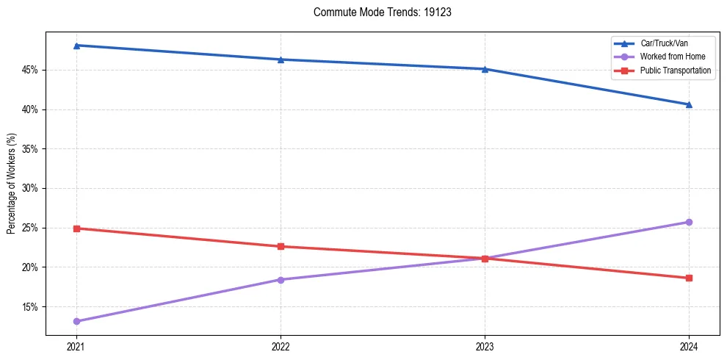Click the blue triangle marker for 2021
(x=76, y=46)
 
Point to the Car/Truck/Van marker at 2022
(x=281, y=60)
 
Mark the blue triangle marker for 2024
(x=689, y=104)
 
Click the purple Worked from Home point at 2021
(x=76, y=321)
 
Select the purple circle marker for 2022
(x=281, y=279)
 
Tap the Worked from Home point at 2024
(x=689, y=222)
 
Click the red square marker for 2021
(x=76, y=228)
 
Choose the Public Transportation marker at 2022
(x=281, y=246)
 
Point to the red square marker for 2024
(x=689, y=278)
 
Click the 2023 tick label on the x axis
(x=485, y=345)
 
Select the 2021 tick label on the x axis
(x=76, y=345)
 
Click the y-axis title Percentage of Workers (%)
(x=11, y=184)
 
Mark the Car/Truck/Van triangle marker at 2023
(x=485, y=69)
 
